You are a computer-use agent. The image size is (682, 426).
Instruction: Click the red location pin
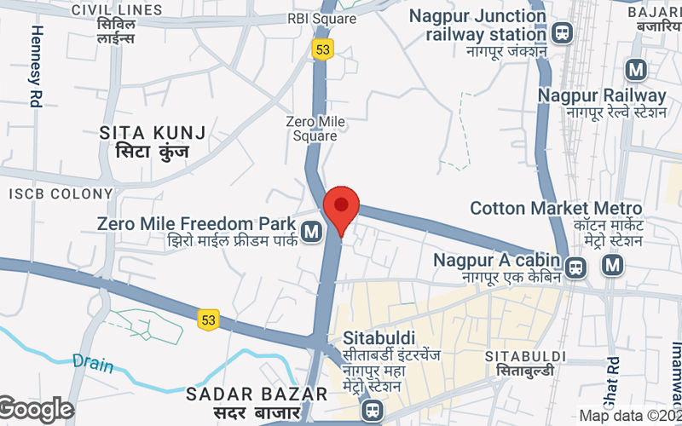click(x=341, y=208)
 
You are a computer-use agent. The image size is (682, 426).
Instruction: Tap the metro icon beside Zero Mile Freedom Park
click(x=311, y=230)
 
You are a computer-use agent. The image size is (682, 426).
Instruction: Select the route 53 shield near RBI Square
click(x=321, y=49)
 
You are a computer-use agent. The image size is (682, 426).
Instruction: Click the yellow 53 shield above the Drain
click(x=209, y=319)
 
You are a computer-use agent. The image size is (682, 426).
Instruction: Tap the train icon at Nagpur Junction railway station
click(x=562, y=33)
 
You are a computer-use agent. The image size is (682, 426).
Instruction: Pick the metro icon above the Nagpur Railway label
click(x=634, y=69)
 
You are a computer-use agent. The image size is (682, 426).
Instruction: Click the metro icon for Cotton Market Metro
click(x=611, y=267)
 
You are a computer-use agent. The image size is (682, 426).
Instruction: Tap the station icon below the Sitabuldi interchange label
click(x=371, y=411)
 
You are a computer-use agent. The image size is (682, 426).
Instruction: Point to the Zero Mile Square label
click(x=315, y=129)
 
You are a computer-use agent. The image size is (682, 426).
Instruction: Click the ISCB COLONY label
click(x=61, y=193)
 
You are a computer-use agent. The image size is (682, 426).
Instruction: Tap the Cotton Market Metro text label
click(x=556, y=208)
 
